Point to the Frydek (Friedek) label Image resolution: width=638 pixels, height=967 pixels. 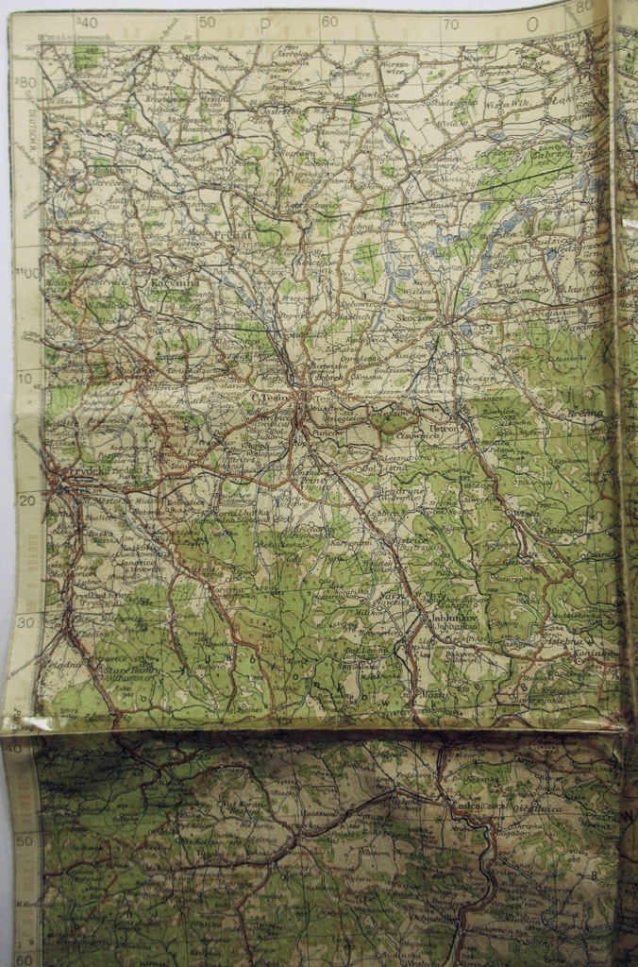point(104,469)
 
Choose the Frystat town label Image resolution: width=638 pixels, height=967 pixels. point(230,229)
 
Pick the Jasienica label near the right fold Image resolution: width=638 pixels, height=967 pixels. point(585,282)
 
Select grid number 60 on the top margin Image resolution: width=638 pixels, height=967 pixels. point(329,22)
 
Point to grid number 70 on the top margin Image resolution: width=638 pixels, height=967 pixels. point(450,24)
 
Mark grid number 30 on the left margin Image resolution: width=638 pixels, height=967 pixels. point(26,622)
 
